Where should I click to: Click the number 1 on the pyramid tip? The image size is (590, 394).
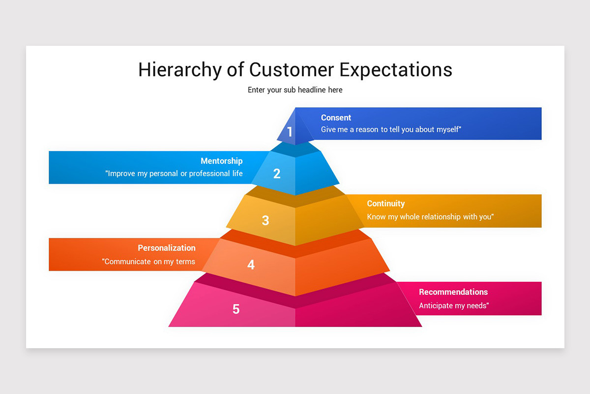coord(290,132)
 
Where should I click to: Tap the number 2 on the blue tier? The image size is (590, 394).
coord(277,173)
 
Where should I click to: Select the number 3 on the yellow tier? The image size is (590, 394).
coord(265,220)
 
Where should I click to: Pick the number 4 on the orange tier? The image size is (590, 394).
coord(251,265)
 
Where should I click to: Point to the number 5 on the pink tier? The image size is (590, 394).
coord(236,309)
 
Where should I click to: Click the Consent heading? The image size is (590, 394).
coord(336,118)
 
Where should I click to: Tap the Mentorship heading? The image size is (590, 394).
coord(221,161)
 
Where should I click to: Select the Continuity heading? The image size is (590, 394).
coord(385,203)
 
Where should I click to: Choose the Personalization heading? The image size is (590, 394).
coord(166,248)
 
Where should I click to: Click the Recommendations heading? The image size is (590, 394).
coord(453,292)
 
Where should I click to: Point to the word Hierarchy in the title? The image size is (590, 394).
coord(180,69)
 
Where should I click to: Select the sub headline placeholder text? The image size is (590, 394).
coord(295,90)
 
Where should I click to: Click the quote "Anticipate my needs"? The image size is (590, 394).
coord(453,306)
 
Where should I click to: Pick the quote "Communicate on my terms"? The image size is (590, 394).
coord(149,262)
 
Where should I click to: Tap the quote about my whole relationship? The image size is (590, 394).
coord(430,217)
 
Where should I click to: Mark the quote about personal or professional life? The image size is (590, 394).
coord(174,174)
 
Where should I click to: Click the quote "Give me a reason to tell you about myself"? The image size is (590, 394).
coord(391,130)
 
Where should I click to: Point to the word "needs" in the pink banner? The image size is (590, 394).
coord(475,306)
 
